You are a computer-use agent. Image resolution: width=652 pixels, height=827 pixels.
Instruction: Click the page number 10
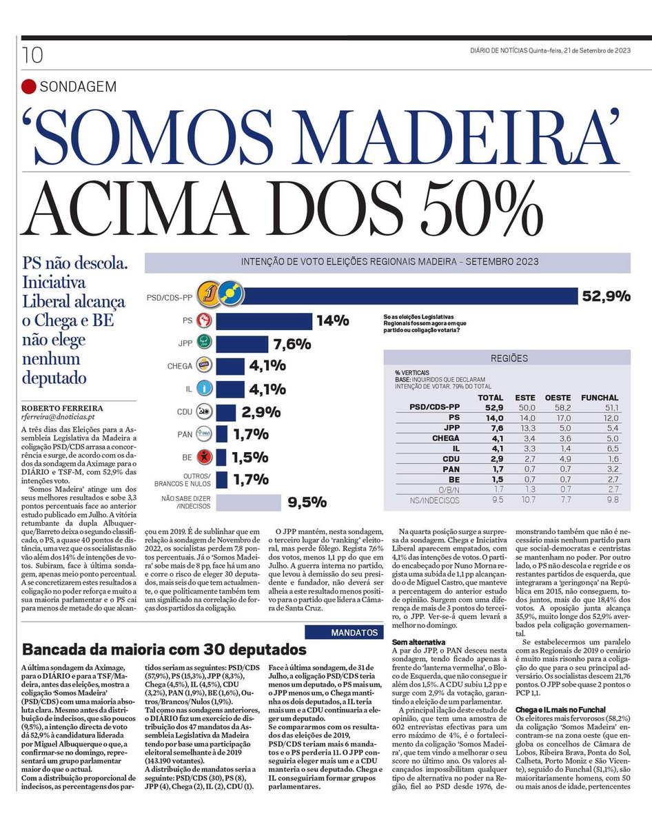(32, 54)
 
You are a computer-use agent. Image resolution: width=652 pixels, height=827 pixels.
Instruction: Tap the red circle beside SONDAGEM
(28, 87)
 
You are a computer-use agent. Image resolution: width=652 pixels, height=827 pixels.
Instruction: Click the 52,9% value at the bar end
(607, 296)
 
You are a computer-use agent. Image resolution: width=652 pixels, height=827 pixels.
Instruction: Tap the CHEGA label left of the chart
(179, 366)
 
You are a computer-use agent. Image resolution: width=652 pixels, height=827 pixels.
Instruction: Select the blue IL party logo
(205, 389)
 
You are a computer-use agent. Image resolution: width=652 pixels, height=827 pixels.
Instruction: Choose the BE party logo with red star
(205, 456)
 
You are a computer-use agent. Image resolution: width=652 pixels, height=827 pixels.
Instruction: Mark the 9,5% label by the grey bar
(307, 502)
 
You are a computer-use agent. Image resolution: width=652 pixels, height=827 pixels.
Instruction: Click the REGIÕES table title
(509, 358)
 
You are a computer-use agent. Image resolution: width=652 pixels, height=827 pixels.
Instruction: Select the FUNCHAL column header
(600, 398)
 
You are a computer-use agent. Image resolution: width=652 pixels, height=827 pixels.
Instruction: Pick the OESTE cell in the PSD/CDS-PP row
(558, 407)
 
